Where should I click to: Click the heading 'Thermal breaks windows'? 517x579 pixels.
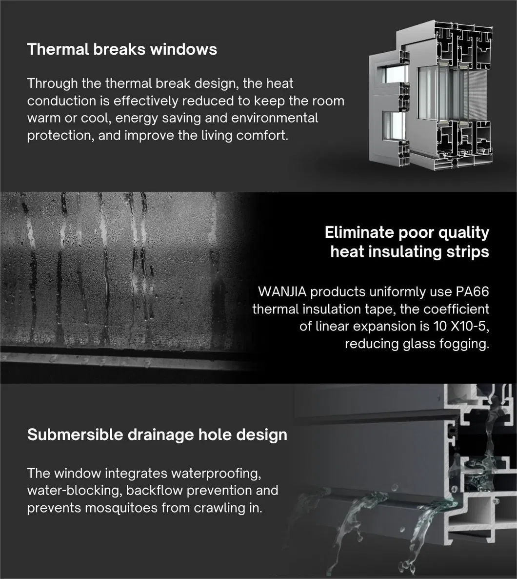tap(122, 49)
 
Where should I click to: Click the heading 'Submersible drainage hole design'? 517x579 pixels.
tap(157, 434)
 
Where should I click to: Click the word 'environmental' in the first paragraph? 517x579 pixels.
tap(275, 118)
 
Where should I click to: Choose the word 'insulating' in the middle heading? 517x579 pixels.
tap(407, 252)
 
